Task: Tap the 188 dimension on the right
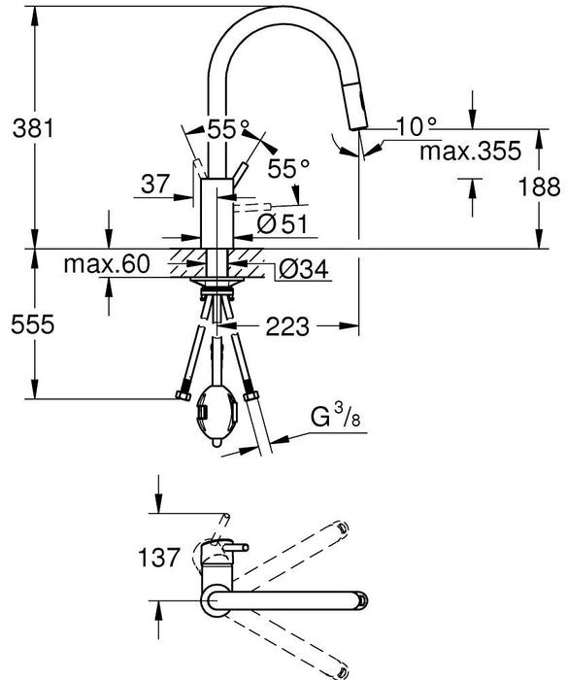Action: click(x=547, y=187)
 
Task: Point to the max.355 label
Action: click(x=464, y=151)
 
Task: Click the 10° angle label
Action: click(x=417, y=125)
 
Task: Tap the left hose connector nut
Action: click(x=181, y=396)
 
